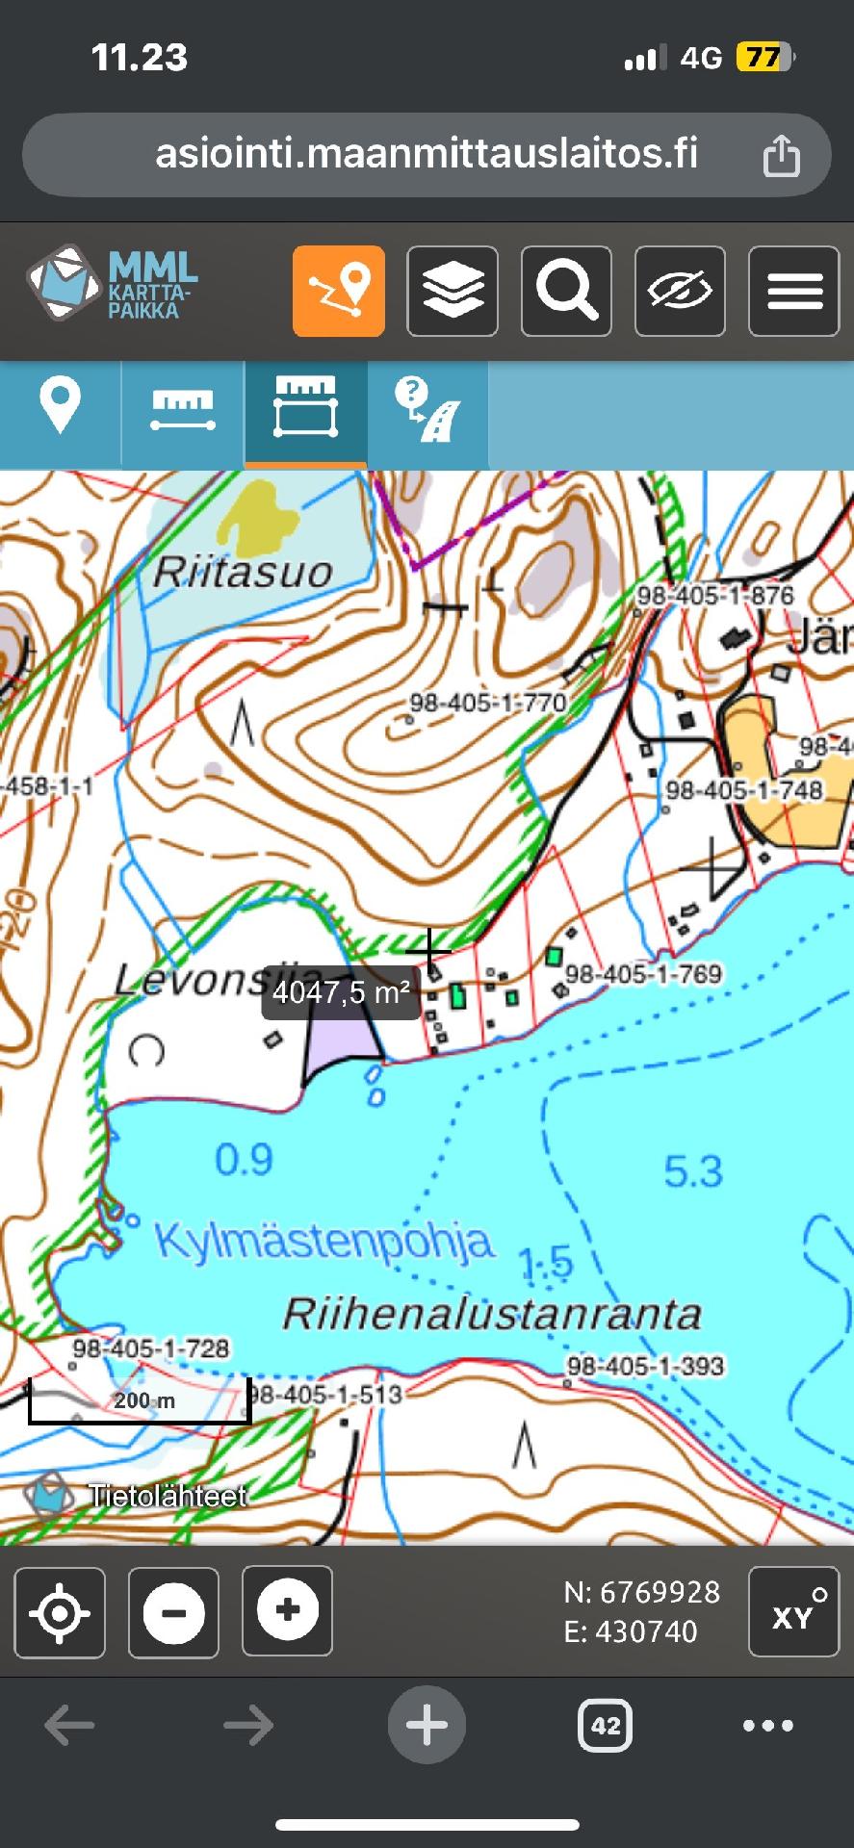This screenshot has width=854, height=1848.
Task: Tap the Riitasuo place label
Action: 243,572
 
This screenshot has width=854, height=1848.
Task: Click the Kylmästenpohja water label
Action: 324,1241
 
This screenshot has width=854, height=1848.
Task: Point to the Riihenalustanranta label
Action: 492,1314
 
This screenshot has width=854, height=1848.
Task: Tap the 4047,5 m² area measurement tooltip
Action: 342,992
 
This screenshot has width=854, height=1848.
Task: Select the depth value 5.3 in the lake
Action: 692,1171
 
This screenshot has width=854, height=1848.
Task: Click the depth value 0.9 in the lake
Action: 244,1160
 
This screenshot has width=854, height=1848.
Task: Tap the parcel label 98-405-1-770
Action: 488,703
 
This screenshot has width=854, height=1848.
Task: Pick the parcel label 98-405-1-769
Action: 643,974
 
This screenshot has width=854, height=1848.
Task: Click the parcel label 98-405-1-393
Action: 645,1365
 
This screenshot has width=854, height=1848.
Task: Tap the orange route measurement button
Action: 339,291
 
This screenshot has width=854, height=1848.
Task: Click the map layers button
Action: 453,291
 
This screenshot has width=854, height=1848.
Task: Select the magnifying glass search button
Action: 566,291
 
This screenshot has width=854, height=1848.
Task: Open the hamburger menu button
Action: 793,291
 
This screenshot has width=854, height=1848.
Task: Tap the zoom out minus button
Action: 173,1612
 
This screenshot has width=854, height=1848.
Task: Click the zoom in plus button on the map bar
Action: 287,1610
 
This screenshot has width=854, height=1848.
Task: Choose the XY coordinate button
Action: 793,1612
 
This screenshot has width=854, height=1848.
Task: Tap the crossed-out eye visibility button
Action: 680,291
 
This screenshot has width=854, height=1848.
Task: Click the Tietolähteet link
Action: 167,1496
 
